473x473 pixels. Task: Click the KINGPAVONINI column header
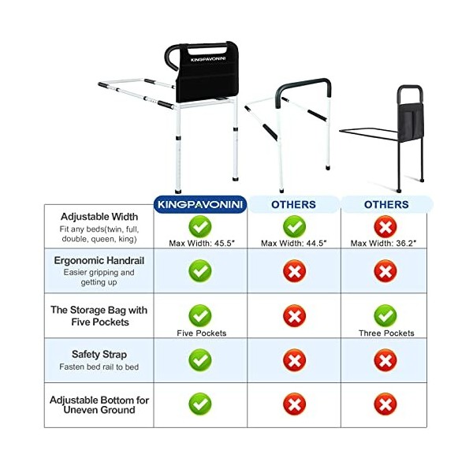click(200, 204)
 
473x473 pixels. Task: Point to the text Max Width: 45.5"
click(200, 242)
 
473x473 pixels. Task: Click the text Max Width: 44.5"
click(293, 242)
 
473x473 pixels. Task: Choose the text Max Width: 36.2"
click(384, 242)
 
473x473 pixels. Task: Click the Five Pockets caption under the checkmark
click(200, 333)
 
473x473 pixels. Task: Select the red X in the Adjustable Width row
click(384, 227)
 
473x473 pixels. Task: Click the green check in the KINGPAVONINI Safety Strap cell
click(200, 360)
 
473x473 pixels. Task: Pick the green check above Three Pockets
click(384, 316)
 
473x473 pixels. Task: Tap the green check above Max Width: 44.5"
click(293, 227)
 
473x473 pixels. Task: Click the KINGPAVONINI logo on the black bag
click(209, 58)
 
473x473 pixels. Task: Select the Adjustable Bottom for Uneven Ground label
click(99, 405)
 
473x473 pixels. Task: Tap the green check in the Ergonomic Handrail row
click(200, 270)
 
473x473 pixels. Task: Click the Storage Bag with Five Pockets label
click(99, 316)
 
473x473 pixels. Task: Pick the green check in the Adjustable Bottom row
click(200, 404)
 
